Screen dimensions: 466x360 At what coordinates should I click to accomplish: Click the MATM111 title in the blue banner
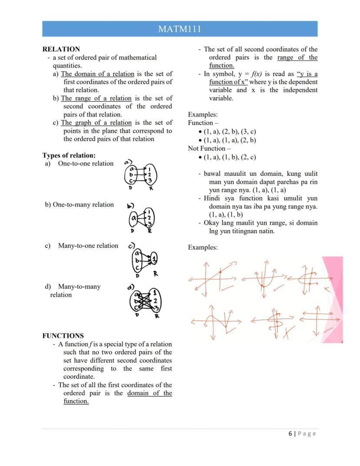tap(180, 29)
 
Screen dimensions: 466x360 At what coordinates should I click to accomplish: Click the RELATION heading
tap(61, 49)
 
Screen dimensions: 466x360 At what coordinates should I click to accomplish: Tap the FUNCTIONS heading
tap(63, 335)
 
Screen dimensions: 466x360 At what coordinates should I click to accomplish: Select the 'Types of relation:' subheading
tap(69, 155)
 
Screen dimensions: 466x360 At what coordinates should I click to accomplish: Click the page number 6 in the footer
tap(290, 433)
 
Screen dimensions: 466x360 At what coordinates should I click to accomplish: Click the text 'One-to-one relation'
tap(86, 164)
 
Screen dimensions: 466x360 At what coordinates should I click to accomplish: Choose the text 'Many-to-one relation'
tap(88, 245)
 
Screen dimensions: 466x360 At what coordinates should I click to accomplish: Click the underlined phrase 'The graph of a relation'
tap(96, 123)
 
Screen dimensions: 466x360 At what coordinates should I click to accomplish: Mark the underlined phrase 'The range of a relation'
tap(96, 98)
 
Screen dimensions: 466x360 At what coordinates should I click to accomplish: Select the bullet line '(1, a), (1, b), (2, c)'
tap(230, 157)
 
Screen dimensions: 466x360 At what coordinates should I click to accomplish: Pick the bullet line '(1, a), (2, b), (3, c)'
tap(230, 131)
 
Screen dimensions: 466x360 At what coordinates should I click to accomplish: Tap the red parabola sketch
tap(264, 278)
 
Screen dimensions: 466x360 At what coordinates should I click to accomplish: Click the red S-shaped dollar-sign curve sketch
tap(275, 322)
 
